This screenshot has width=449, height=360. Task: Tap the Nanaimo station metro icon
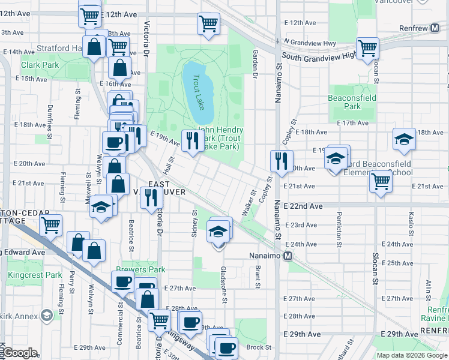point(288,256)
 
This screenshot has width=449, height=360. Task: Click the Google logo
point(19,353)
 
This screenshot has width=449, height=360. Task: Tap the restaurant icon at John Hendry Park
point(191,141)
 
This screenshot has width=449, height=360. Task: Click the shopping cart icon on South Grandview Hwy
point(367,48)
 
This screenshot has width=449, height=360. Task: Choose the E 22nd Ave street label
point(304,206)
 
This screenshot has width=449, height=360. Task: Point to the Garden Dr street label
point(255,59)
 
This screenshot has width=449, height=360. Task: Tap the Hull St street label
point(170,163)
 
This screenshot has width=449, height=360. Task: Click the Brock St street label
point(258,347)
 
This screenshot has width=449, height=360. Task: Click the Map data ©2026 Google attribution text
point(412,355)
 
